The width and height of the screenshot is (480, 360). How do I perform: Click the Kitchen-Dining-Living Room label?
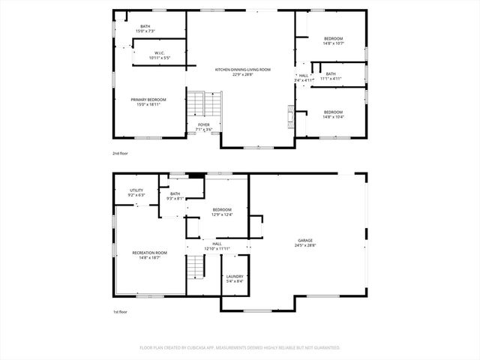[x=243, y=71]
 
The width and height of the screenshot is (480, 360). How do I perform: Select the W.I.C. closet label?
[x=159, y=55]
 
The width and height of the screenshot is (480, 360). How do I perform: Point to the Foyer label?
[x=204, y=127]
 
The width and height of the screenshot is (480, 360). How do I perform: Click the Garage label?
[x=305, y=242]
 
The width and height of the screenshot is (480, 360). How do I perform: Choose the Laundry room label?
[x=235, y=279]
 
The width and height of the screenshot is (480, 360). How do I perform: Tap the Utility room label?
[x=136, y=193]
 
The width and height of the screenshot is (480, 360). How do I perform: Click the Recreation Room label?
[x=149, y=255]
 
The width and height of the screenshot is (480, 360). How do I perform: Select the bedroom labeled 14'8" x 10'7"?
[x=333, y=41]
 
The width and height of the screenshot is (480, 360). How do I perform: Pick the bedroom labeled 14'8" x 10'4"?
[x=333, y=114]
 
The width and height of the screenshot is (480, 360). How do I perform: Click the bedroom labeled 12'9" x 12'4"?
[x=222, y=211]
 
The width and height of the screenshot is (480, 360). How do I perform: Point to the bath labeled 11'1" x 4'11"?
[x=330, y=76]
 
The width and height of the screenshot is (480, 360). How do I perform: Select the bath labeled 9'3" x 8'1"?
[x=175, y=196]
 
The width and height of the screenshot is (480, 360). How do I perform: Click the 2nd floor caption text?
[x=121, y=153]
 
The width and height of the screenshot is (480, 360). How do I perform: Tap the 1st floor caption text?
[x=121, y=312]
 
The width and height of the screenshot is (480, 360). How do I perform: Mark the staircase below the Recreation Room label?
[x=195, y=265]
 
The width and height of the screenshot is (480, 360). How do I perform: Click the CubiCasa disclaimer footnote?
[x=240, y=348]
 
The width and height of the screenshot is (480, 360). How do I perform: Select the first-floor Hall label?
[x=217, y=246]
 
